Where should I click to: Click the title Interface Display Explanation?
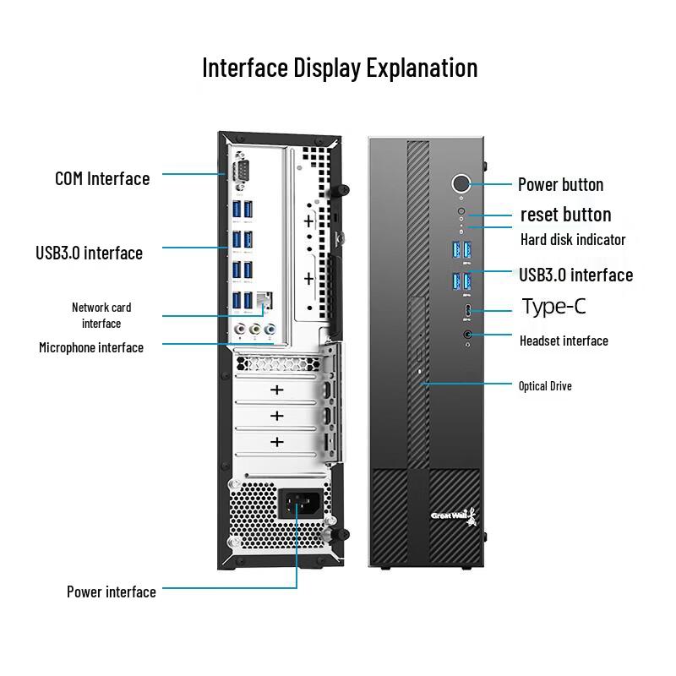point(340,68)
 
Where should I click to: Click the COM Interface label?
point(102,178)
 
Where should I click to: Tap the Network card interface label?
point(101,315)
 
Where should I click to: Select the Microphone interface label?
point(91,347)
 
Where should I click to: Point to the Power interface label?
point(112,591)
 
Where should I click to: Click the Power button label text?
point(560,184)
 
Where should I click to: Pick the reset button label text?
point(565,215)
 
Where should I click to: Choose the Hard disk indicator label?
point(573,239)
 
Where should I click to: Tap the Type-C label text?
point(553,306)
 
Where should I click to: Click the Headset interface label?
point(564,341)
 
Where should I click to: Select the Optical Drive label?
point(545,386)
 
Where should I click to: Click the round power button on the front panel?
point(461,183)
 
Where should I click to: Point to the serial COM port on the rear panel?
point(240,173)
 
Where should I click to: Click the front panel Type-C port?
point(466,313)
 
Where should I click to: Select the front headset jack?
point(467,335)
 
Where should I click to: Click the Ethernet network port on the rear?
point(264,298)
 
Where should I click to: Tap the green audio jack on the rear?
point(255,329)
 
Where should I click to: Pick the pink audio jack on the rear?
point(241,329)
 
